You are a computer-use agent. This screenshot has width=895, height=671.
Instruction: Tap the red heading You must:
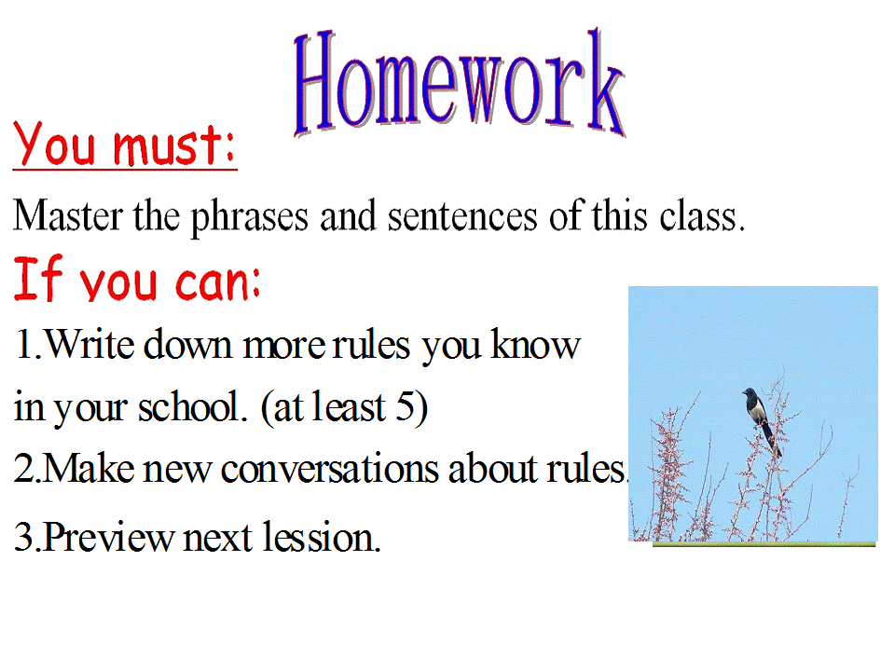point(126,147)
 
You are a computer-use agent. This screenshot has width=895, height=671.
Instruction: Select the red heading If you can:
point(137,281)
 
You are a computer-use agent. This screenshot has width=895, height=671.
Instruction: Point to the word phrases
point(249,219)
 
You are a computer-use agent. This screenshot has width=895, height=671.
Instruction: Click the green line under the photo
point(764,544)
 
